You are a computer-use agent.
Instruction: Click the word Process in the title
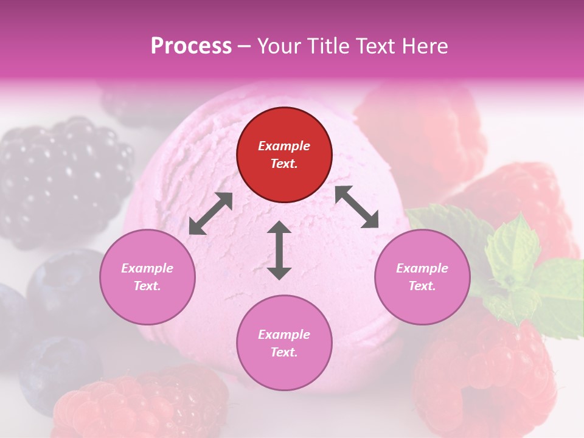(x=191, y=46)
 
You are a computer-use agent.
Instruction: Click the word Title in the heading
(x=327, y=46)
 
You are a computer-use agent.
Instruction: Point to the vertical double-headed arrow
(x=279, y=250)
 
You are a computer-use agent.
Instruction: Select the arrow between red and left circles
(x=210, y=214)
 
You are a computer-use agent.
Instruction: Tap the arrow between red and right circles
(x=357, y=207)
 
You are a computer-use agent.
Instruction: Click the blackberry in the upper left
(x=64, y=179)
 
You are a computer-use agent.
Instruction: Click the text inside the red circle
(x=284, y=155)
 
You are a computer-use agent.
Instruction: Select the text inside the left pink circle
(x=147, y=277)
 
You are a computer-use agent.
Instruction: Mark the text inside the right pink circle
(x=422, y=277)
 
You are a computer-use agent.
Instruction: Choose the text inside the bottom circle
(x=284, y=343)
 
